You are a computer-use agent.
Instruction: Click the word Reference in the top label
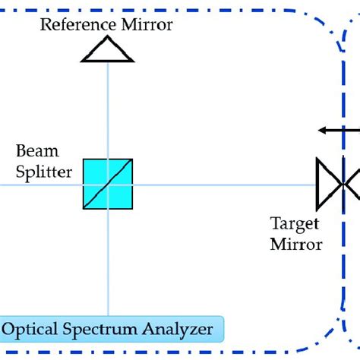coord(77,24)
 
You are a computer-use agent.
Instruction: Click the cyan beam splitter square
coord(108,183)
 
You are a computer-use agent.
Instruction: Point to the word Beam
coord(37,151)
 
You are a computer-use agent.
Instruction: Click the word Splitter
coord(44,172)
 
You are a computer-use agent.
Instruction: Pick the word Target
coord(295,225)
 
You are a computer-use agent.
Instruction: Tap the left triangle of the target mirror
coord(327,183)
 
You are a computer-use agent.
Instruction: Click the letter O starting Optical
coord(10,330)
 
